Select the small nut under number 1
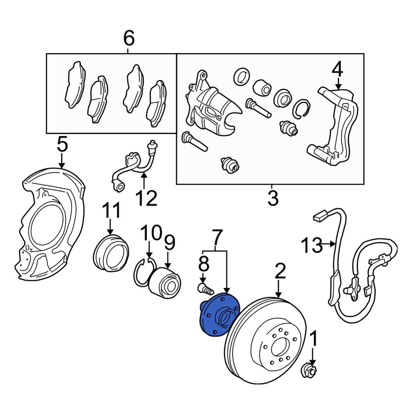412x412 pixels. click(310, 371)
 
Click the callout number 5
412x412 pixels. click(61, 145)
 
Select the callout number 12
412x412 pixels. click(146, 198)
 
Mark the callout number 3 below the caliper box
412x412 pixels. click(272, 198)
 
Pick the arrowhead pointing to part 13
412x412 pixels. click(334, 244)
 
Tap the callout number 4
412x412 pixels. click(337, 70)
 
